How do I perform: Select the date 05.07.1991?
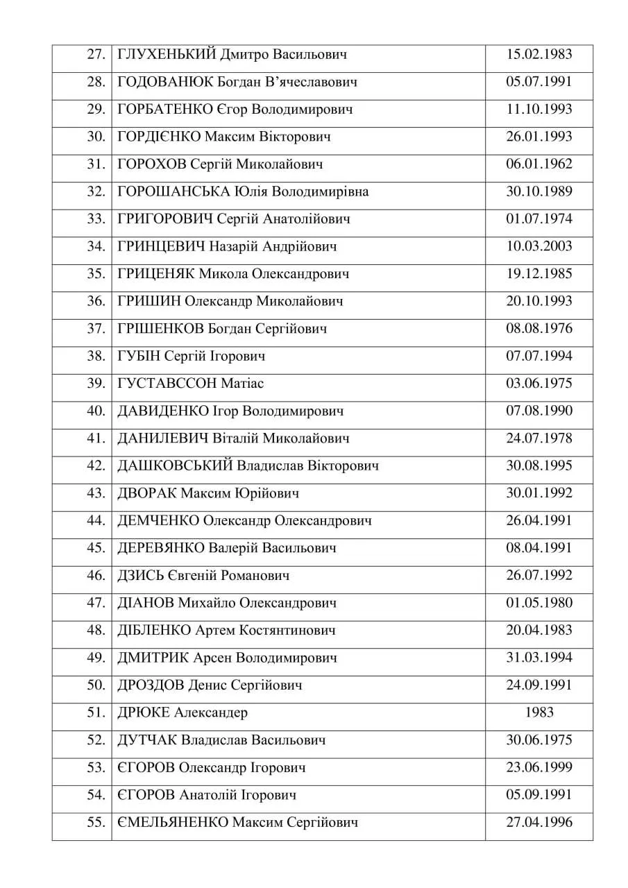click(x=538, y=82)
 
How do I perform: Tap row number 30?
click(x=96, y=137)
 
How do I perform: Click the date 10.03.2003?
click(x=538, y=246)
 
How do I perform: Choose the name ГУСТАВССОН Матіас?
click(x=191, y=384)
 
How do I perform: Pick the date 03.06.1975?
click(x=538, y=384)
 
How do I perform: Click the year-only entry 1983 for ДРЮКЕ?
click(x=539, y=712)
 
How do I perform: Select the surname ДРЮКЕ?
click(x=144, y=712)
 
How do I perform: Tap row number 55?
click(x=96, y=822)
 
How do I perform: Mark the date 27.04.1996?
click(x=538, y=822)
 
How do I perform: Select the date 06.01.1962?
click(x=538, y=164)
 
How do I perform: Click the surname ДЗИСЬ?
click(x=142, y=576)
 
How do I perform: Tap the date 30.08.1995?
click(x=538, y=466)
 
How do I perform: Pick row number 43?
click(x=96, y=493)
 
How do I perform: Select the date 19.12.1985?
click(x=538, y=274)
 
